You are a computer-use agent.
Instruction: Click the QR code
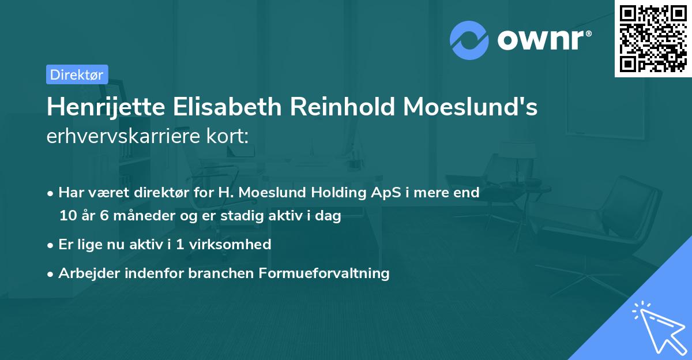pos(653,38)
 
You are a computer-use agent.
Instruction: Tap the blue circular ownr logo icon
pos(469,40)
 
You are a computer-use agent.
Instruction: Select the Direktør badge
pos(77,74)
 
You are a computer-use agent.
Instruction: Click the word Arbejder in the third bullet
pos(85,273)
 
